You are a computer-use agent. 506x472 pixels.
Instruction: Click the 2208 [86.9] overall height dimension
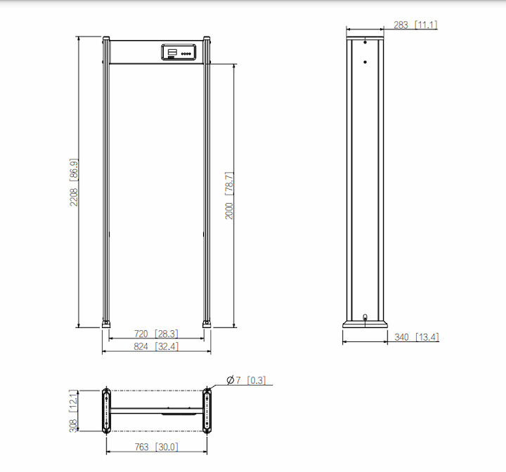tap(74, 182)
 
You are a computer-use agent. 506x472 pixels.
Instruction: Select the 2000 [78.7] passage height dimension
tap(229, 195)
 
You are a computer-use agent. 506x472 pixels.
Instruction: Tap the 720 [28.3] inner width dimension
tap(156, 334)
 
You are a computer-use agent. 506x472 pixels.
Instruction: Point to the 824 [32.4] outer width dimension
tap(156, 346)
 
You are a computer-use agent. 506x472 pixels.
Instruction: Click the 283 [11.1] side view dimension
tap(415, 25)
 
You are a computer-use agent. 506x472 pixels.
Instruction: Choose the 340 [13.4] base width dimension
tap(417, 337)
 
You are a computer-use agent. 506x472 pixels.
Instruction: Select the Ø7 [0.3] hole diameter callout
tap(246, 380)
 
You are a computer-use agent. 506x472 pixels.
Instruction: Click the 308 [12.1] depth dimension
tap(74, 411)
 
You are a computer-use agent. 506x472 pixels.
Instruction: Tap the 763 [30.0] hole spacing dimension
tap(156, 447)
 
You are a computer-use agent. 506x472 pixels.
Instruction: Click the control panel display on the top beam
tap(179, 52)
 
